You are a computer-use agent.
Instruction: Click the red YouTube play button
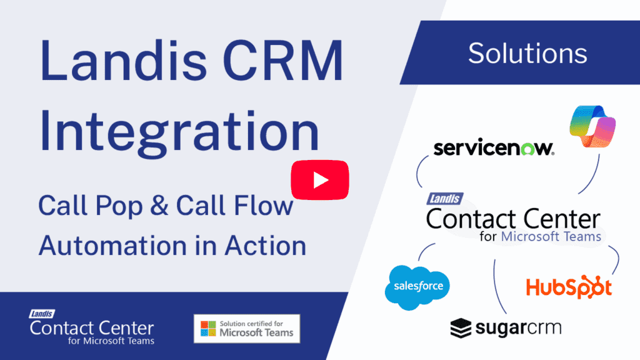319,180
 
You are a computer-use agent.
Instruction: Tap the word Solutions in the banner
527,53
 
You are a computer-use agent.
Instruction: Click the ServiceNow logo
494,147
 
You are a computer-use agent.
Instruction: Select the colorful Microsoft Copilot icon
592,126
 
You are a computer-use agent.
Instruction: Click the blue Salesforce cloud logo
417,287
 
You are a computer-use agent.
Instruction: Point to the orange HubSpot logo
569,287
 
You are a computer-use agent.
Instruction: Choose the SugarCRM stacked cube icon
461,328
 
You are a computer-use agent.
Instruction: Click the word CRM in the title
283,61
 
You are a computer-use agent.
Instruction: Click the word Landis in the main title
123,61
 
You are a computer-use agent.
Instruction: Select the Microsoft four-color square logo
208,329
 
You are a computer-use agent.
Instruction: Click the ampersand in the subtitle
159,205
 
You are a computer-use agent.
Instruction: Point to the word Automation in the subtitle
112,246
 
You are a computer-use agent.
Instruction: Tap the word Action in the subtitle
265,246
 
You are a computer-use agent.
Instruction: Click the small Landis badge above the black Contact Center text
445,199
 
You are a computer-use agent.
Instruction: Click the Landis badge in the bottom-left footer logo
42,314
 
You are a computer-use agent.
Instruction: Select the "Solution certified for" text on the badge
251,324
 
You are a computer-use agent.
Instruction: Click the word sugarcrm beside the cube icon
518,328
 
